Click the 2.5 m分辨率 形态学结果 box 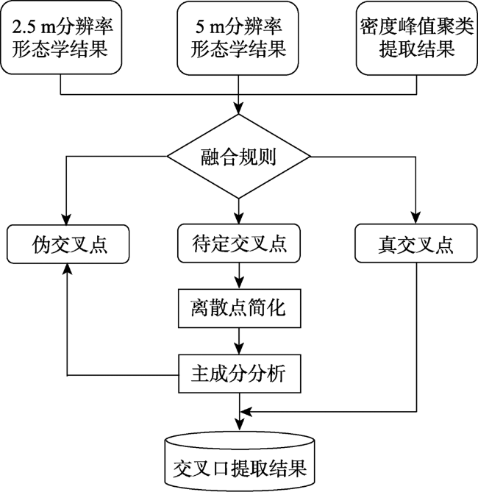[61, 38]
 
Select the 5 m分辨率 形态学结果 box [238, 38]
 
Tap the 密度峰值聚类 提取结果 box [417, 38]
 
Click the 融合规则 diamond [238, 156]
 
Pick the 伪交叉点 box [68, 244]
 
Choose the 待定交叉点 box [239, 243]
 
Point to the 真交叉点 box [416, 243]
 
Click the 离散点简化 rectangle [240, 308]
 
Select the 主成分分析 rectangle [240, 374]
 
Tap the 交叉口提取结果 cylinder [240, 461]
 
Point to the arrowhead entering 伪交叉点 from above [66, 219]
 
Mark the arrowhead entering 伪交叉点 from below [67, 268]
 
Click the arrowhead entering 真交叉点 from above [415, 218]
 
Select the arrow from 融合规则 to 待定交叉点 [239, 211]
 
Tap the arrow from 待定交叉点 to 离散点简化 [239, 276]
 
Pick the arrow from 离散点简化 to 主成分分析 [239, 341]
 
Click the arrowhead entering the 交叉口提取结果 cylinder [240, 425]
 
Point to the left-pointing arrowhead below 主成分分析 [246, 411]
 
